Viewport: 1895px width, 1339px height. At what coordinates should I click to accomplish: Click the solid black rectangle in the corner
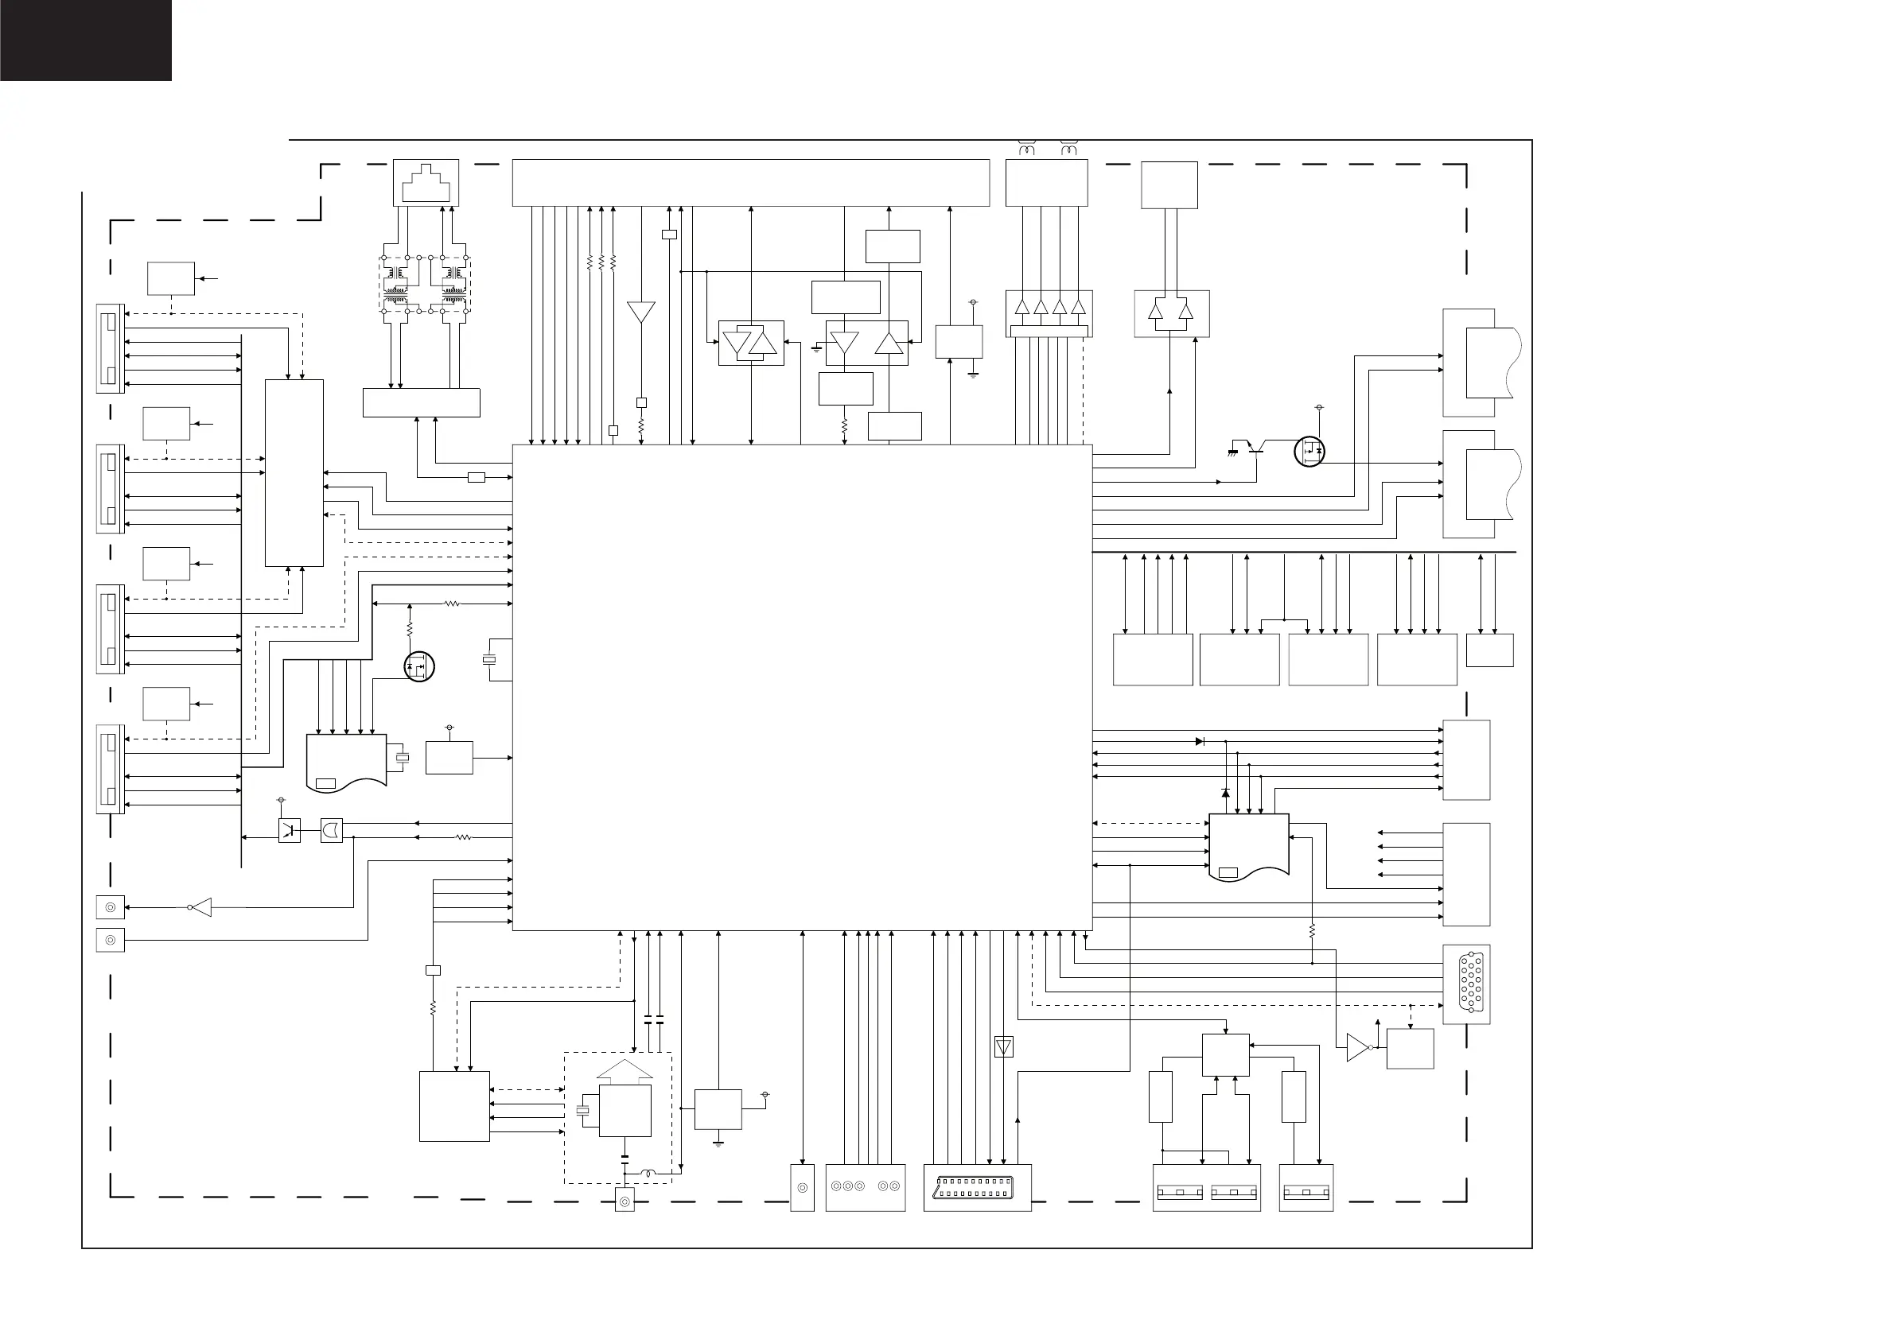[85, 40]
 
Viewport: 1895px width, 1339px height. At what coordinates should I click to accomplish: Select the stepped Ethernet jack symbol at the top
[426, 183]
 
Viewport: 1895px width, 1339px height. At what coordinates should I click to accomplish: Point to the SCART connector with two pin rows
[976, 1188]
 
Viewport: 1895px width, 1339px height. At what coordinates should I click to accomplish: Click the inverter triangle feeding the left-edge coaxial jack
[200, 907]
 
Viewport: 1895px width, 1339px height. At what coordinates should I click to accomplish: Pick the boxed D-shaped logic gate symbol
[331, 830]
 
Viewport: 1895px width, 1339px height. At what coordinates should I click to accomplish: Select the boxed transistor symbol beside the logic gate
[289, 830]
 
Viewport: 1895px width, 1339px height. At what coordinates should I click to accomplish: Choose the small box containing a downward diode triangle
[1004, 1047]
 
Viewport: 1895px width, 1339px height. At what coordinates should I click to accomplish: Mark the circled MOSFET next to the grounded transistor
[1309, 451]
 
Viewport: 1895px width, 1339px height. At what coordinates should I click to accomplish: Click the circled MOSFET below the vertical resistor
[419, 666]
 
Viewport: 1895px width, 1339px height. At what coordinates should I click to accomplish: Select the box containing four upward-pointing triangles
[1049, 312]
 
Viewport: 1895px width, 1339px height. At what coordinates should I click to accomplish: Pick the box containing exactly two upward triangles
[1172, 313]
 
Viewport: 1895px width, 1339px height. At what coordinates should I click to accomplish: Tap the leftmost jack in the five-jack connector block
[836, 1186]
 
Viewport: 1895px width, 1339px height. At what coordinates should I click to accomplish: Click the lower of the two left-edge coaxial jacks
[110, 940]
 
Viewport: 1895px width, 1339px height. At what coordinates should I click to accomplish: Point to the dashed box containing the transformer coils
[425, 285]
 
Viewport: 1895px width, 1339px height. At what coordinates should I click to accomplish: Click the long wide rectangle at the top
[750, 182]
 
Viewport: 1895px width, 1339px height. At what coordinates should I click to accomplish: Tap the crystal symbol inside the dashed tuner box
[582, 1111]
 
